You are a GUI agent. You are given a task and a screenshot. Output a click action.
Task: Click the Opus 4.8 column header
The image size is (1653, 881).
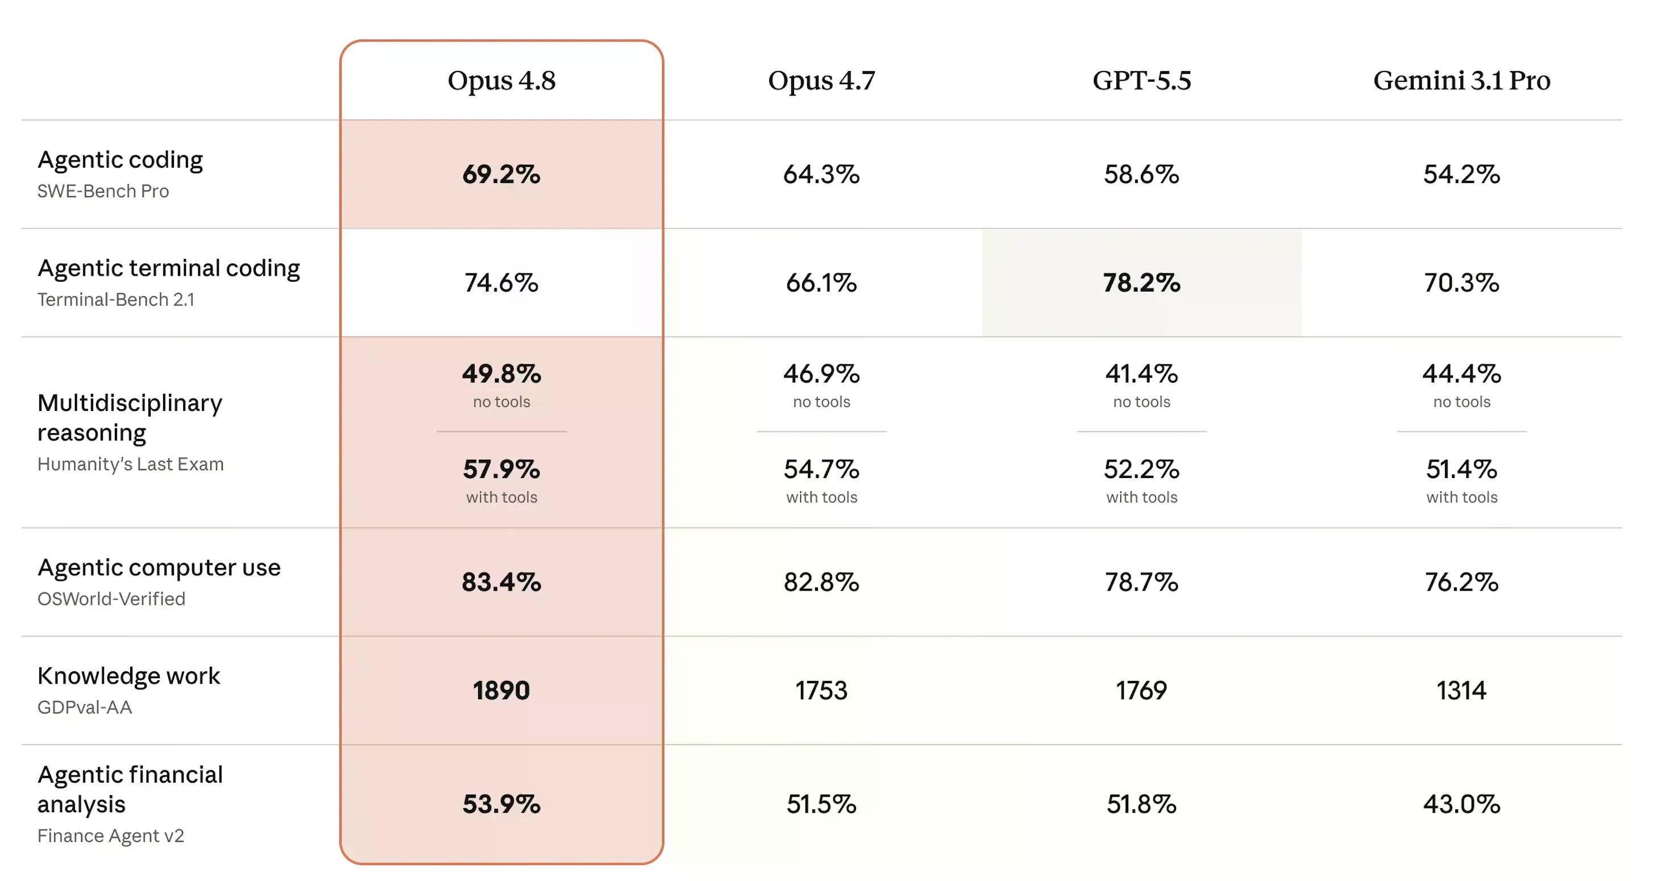pyautogui.click(x=501, y=81)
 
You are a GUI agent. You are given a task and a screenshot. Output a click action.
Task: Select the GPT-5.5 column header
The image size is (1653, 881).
pyautogui.click(x=1141, y=81)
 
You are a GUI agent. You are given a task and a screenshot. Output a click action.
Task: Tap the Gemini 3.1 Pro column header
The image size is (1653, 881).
pyautogui.click(x=1462, y=81)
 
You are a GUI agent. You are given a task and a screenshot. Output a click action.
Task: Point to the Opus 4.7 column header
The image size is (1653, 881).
pyautogui.click(x=821, y=81)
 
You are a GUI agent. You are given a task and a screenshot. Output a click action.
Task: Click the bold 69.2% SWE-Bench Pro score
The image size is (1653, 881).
pyautogui.click(x=501, y=174)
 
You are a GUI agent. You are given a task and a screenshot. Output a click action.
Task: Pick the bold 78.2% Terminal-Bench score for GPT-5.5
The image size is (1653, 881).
pyautogui.click(x=1141, y=283)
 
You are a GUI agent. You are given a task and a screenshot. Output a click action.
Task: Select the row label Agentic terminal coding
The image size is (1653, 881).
pyautogui.click(x=169, y=268)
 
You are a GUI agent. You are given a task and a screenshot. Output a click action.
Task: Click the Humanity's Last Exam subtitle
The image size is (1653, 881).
pyautogui.click(x=130, y=464)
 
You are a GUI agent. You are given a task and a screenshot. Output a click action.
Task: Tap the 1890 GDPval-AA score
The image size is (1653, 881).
pyautogui.click(x=501, y=691)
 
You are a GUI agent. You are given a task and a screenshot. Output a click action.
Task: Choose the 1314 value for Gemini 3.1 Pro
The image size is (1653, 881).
pyautogui.click(x=1462, y=691)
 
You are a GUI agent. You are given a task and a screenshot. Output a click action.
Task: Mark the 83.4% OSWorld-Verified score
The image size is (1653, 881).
pyautogui.click(x=501, y=582)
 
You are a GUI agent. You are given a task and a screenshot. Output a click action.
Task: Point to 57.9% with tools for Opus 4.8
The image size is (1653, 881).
pyautogui.click(x=501, y=469)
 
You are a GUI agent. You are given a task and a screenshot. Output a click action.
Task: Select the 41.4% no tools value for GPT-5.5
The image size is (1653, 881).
pyautogui.click(x=1141, y=374)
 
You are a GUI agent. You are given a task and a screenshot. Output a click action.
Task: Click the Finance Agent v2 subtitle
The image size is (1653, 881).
pyautogui.click(x=110, y=836)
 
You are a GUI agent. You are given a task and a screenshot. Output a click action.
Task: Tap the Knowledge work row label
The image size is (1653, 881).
pyautogui.click(x=128, y=676)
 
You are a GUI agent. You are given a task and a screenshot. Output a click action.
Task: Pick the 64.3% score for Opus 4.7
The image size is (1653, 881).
pyautogui.click(x=821, y=174)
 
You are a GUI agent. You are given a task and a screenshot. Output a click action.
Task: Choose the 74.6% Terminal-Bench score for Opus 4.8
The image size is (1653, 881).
pyautogui.click(x=501, y=283)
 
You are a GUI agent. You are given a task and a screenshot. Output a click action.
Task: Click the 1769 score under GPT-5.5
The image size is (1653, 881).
pyautogui.click(x=1141, y=691)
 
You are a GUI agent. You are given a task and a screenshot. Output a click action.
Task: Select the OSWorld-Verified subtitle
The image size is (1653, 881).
pyautogui.click(x=111, y=599)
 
